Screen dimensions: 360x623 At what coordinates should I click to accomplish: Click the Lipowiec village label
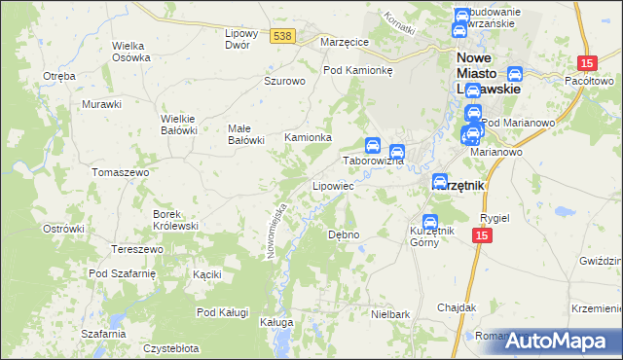point(332,185)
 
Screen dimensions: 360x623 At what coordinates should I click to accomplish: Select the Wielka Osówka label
point(131,51)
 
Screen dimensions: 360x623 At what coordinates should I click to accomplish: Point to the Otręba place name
point(59,75)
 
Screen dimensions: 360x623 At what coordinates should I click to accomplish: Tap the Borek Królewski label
point(175,219)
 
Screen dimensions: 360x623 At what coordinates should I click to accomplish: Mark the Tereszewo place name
point(136,249)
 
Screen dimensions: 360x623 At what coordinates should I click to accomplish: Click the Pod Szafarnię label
point(122,273)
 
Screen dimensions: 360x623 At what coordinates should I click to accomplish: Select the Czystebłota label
point(171,347)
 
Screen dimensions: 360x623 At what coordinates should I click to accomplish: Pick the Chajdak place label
point(456,306)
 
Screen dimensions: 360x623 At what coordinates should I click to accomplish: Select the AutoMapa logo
point(556,341)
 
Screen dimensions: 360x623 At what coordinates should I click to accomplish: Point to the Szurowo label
point(285,81)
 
